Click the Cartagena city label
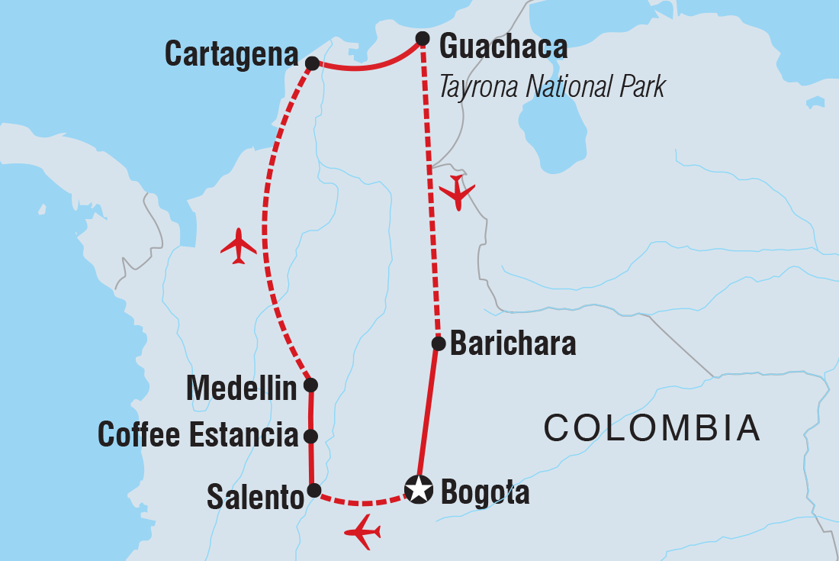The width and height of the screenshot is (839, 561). (x=231, y=55)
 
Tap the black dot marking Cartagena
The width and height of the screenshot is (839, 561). (x=311, y=63)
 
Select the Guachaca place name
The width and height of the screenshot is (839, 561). (x=503, y=47)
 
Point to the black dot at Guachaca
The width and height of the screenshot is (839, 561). (x=422, y=38)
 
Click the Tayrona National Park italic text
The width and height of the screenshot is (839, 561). (x=552, y=87)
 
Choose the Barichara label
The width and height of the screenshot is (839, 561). (x=513, y=344)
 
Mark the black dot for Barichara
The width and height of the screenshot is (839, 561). (x=439, y=343)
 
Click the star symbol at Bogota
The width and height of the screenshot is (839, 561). (x=418, y=489)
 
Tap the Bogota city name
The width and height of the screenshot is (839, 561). (x=485, y=493)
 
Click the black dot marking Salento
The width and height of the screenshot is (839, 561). (x=313, y=490)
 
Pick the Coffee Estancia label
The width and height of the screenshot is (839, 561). (x=198, y=436)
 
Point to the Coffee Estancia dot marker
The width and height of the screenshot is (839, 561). (x=310, y=437)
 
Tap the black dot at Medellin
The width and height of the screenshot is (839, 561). (x=310, y=385)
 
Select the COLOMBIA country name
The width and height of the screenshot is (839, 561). (x=651, y=428)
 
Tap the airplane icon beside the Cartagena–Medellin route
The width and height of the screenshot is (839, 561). (x=238, y=246)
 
